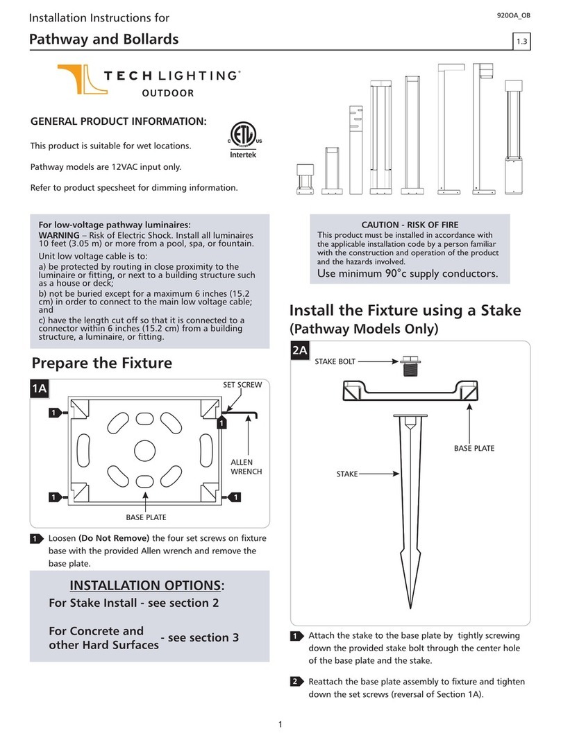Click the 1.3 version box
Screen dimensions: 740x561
(x=521, y=42)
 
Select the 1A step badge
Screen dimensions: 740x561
(x=40, y=389)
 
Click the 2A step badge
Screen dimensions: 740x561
(x=300, y=352)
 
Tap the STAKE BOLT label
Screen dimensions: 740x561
(x=335, y=361)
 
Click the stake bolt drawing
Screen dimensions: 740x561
(x=408, y=366)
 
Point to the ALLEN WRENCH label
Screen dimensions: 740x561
(x=242, y=467)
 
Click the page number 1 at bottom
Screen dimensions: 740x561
(x=280, y=725)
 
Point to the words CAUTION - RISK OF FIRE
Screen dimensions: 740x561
(x=410, y=225)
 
